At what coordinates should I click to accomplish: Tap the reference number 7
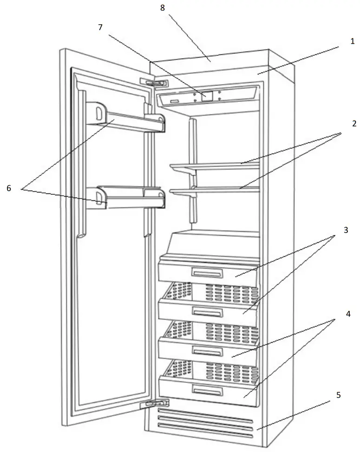(x=101, y=27)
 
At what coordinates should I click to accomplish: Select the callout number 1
(x=352, y=41)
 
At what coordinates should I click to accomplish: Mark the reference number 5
(x=339, y=395)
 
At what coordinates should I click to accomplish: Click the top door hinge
(x=154, y=82)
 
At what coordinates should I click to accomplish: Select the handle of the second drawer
(x=208, y=312)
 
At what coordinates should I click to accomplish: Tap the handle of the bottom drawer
(x=208, y=390)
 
